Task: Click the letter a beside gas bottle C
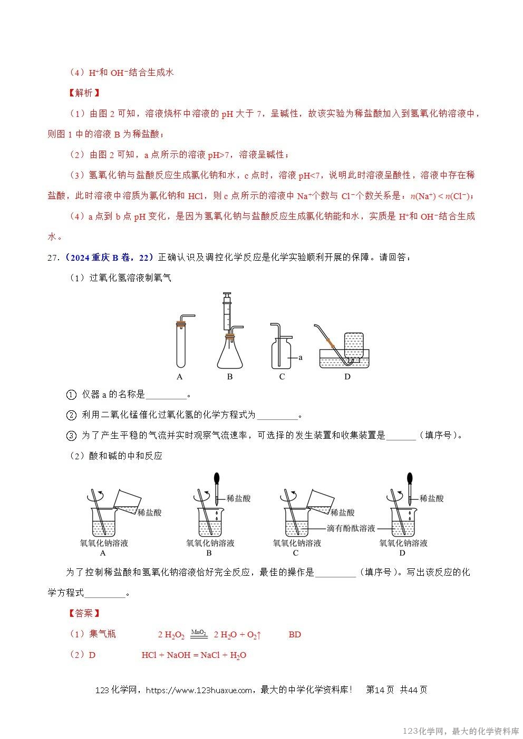pos(301,358)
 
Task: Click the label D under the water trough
pos(347,377)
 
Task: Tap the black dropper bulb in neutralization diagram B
pos(217,480)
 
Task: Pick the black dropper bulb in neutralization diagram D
pos(410,480)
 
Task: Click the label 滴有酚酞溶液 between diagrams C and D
pos(351,528)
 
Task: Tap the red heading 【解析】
pos(84,93)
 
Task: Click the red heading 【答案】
pos(84,613)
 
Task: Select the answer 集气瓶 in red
pos(103,634)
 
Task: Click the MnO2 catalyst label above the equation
pos(199,632)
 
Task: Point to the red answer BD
pos(295,635)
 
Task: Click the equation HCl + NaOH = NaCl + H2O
pos(194,655)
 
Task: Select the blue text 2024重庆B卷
pos(94,258)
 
